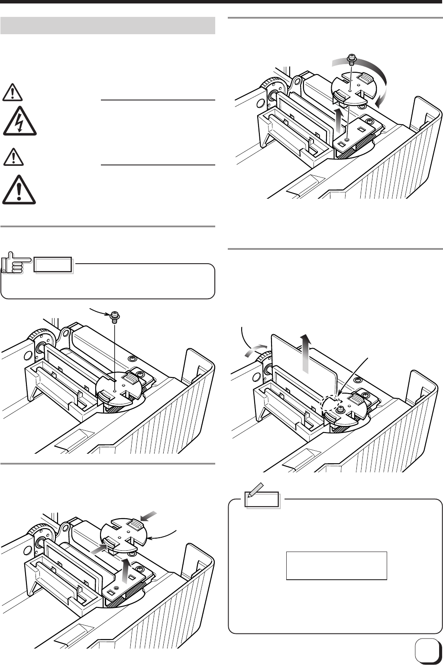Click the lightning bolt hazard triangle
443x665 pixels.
(19, 120)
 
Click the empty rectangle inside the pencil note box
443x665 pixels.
(336, 565)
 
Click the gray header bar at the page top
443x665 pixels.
(108, 26)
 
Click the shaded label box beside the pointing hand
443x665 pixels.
(54, 264)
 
